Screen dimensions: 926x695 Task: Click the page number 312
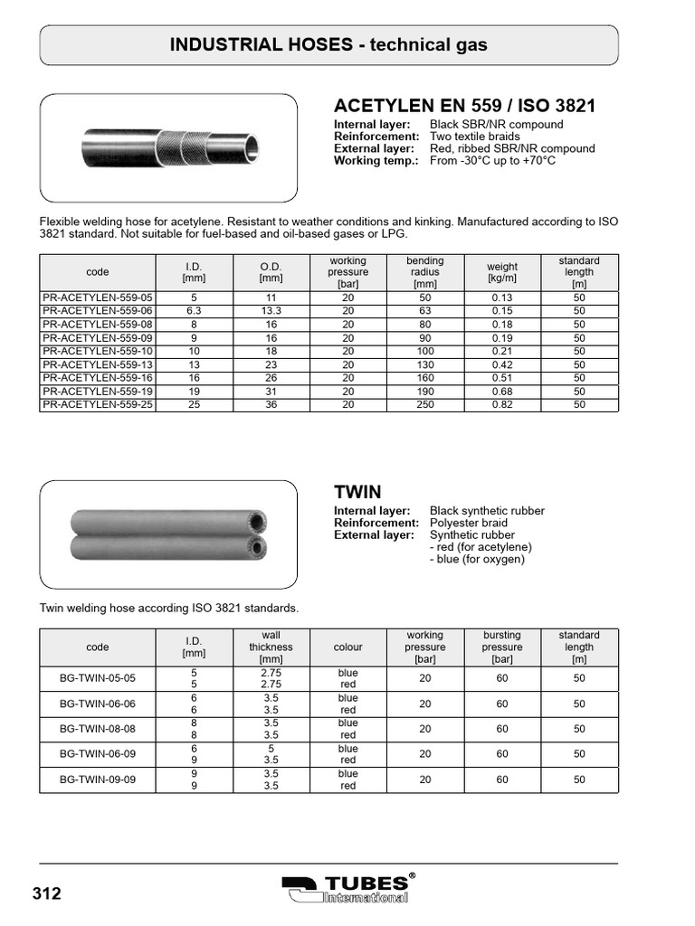click(47, 893)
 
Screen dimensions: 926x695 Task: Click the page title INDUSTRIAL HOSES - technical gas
click(329, 45)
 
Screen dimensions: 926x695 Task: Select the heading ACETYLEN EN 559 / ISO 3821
click(464, 106)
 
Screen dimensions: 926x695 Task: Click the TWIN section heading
click(357, 492)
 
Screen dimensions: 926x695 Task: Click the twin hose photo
click(168, 534)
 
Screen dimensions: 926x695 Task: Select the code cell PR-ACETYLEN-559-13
click(98, 364)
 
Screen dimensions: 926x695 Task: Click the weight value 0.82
click(502, 404)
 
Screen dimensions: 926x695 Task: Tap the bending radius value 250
click(425, 404)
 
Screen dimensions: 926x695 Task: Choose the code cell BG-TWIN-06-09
click(98, 754)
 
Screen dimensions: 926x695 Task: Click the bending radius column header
click(425, 271)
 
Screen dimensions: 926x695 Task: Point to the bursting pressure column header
click(502, 647)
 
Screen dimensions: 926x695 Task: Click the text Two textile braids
click(481, 137)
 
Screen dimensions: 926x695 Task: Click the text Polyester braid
click(468, 523)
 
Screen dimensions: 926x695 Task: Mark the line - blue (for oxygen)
click(478, 559)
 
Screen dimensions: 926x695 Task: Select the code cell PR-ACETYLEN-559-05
click(98, 298)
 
